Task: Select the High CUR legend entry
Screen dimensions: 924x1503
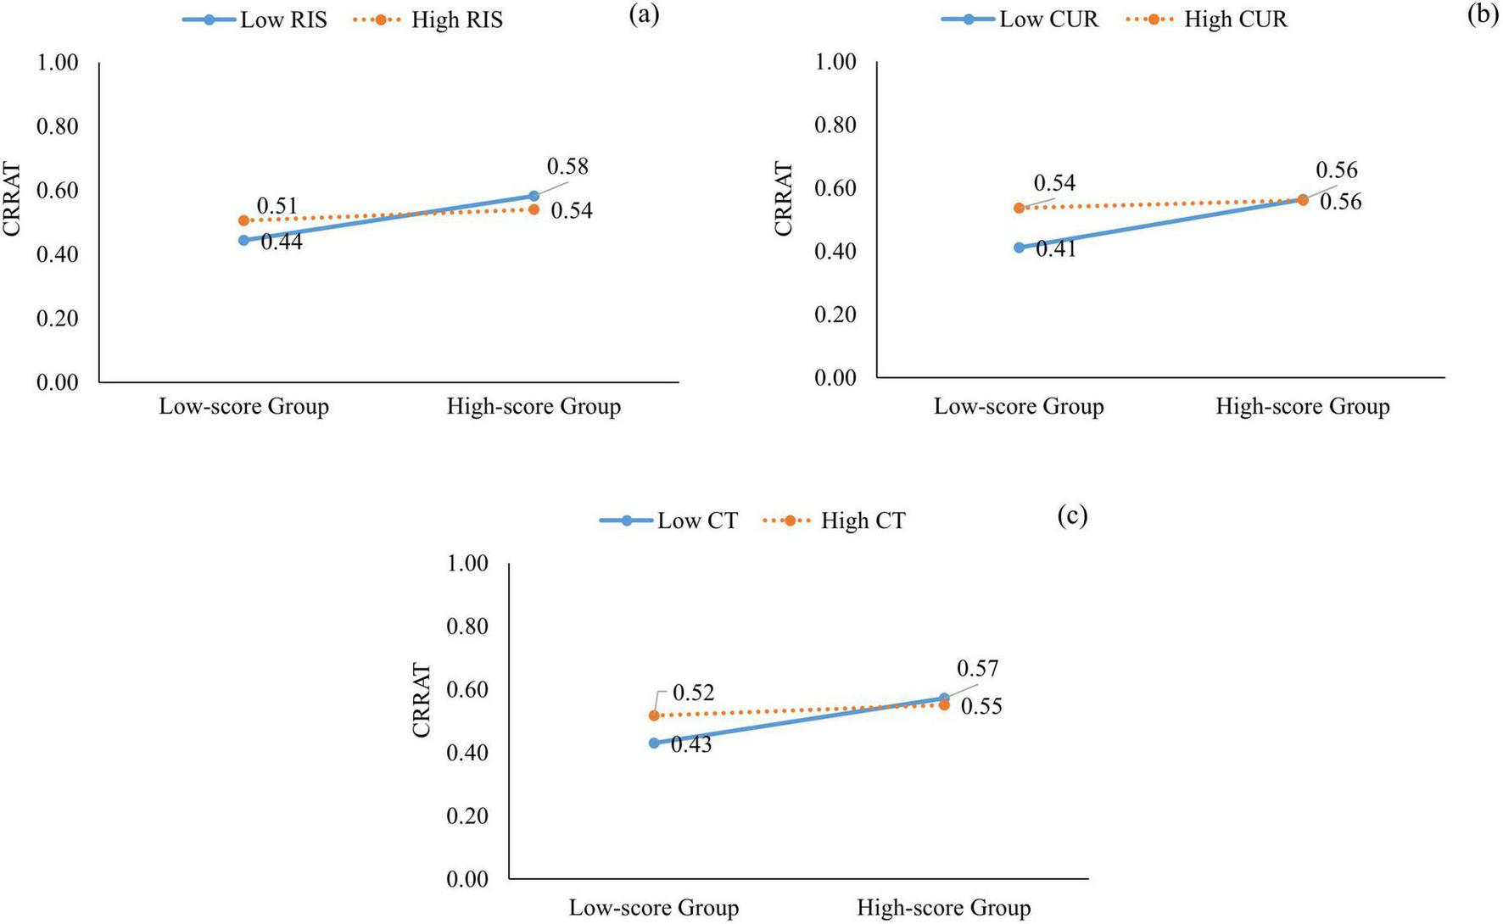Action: click(1208, 19)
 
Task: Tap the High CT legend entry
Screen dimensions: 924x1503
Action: click(835, 520)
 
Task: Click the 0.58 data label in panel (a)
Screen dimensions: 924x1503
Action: click(567, 167)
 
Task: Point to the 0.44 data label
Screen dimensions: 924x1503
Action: click(282, 242)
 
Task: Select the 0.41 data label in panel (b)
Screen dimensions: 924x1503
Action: click(1056, 249)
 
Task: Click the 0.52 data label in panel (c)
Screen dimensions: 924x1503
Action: click(693, 693)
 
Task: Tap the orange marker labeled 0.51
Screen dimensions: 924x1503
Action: click(244, 220)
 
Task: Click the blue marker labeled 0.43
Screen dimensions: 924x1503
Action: click(654, 743)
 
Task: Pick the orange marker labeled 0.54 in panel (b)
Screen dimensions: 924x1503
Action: click(1019, 208)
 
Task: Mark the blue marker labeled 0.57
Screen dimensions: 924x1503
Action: click(944, 699)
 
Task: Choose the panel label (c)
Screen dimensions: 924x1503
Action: click(1072, 515)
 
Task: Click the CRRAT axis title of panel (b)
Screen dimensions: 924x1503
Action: click(783, 199)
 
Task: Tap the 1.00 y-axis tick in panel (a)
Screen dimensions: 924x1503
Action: click(57, 63)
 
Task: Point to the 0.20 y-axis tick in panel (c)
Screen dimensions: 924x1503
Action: click(467, 815)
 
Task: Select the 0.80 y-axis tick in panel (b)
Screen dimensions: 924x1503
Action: click(835, 125)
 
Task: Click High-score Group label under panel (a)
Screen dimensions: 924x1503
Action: click(534, 407)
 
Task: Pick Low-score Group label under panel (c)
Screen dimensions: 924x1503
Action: click(654, 908)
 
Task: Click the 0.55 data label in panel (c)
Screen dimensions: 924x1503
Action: click(981, 707)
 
